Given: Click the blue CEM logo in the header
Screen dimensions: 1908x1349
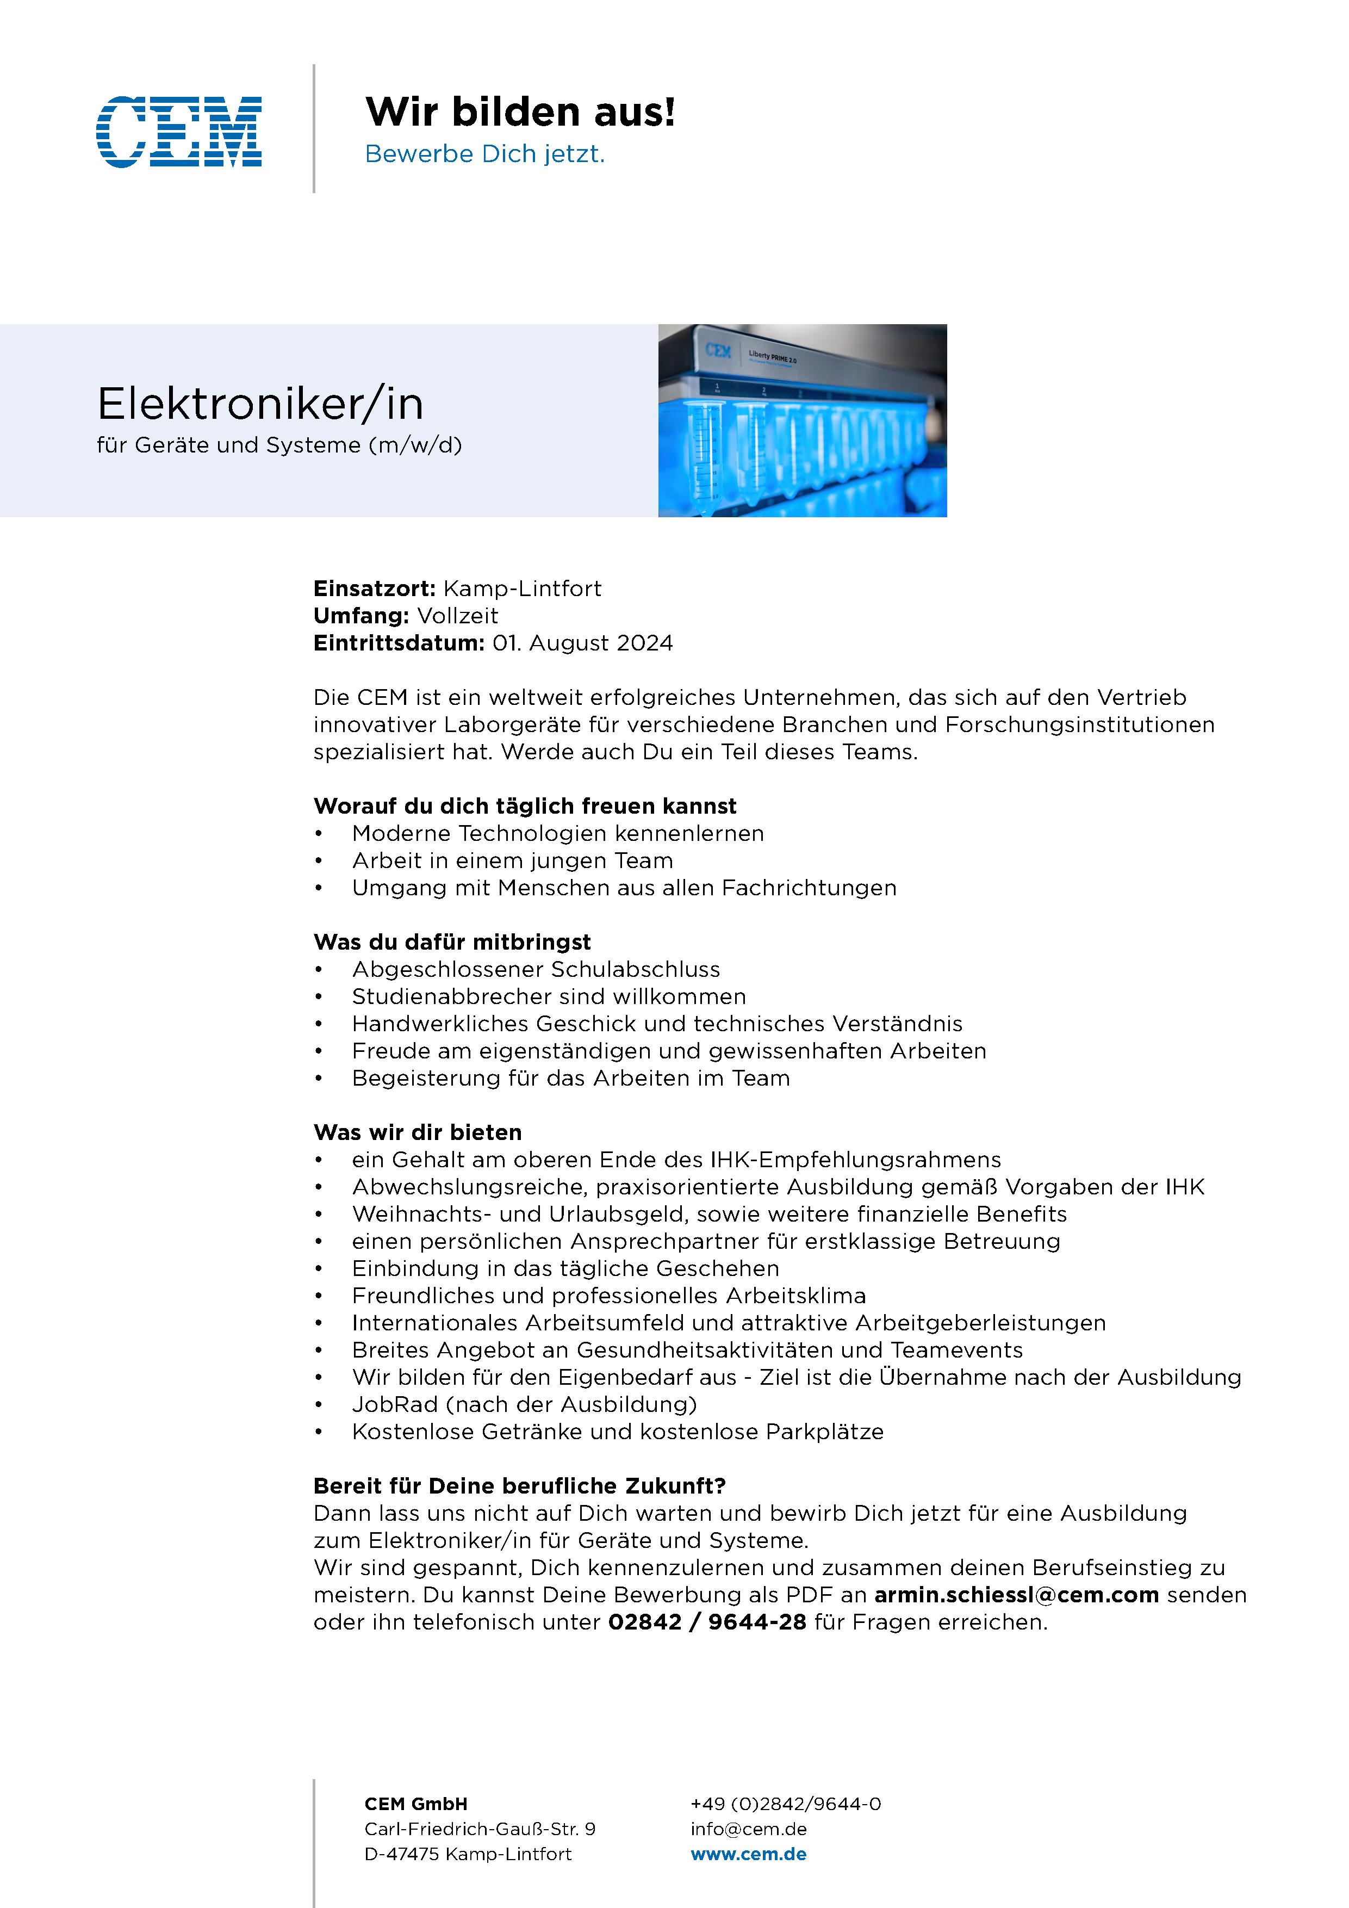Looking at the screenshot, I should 179,131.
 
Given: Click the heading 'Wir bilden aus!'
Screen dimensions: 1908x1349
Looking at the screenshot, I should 520,112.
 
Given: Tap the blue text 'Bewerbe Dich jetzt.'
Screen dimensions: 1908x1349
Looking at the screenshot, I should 484,154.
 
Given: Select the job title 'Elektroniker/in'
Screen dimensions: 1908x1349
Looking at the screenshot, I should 260,405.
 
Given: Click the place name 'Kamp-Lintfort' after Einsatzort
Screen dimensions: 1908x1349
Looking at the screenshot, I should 521,589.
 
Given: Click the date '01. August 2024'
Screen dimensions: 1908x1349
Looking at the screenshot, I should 582,644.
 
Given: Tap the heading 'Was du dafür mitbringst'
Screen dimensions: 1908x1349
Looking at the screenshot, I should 452,943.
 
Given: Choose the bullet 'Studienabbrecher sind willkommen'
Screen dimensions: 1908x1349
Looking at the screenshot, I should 548,997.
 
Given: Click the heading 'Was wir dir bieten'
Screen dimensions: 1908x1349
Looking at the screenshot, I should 417,1132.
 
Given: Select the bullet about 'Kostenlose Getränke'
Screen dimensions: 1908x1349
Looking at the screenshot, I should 617,1432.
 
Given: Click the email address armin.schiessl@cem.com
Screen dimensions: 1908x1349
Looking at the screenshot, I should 1016,1596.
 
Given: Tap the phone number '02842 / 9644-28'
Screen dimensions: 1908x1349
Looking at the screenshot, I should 707,1623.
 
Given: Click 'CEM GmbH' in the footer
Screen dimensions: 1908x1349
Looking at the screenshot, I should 415,1804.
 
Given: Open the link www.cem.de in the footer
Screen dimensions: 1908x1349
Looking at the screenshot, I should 748,1854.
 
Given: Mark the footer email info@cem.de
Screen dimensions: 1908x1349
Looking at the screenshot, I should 748,1829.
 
